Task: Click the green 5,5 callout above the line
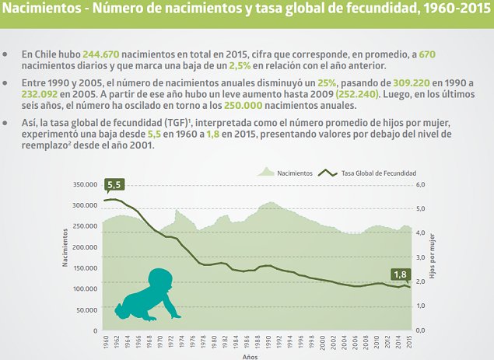[114, 185]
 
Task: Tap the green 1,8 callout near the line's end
[400, 273]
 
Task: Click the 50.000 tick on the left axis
[83, 309]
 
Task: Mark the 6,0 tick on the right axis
[422, 184]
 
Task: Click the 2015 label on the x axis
[410, 341]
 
